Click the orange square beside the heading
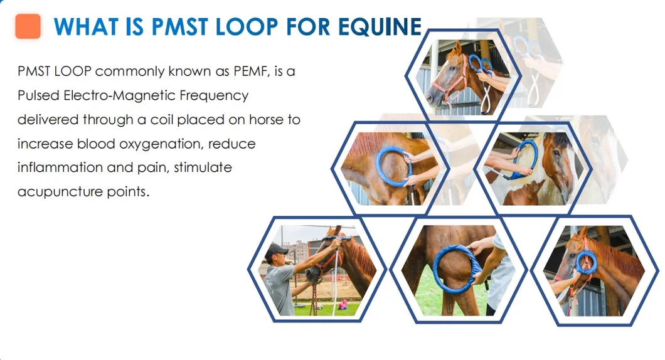tap(28, 26)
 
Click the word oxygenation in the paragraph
tap(150, 144)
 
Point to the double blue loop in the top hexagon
tap(479, 65)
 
